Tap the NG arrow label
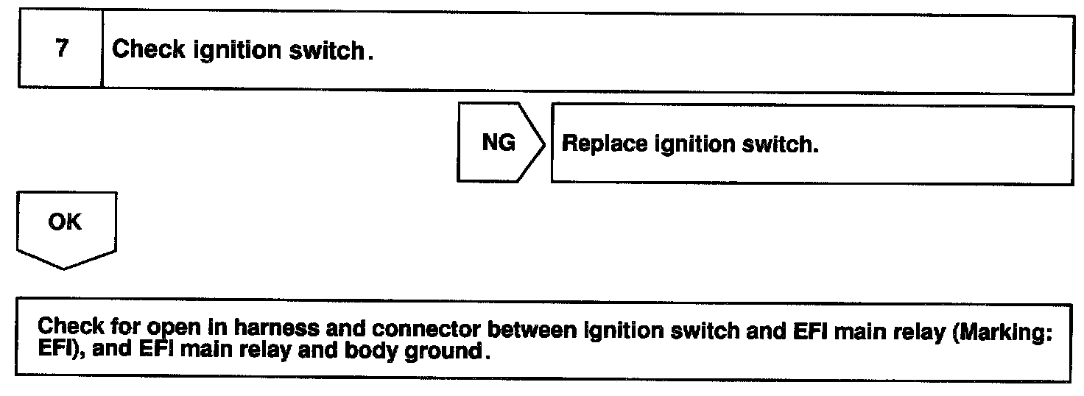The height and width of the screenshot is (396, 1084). pos(499,143)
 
